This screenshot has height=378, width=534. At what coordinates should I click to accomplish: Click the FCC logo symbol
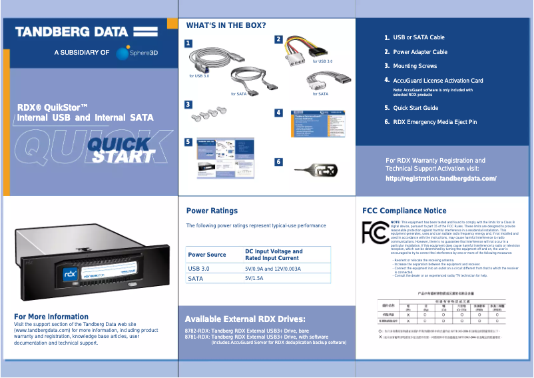click(375, 232)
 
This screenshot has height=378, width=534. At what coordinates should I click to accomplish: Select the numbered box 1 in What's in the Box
click(189, 44)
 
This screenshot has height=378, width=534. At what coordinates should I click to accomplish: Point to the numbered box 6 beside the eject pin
click(278, 162)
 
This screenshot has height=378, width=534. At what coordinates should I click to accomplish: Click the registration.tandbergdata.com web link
click(441, 179)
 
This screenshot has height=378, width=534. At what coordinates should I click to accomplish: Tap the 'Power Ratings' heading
click(212, 211)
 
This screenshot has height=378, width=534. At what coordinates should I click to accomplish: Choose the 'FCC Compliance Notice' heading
click(404, 211)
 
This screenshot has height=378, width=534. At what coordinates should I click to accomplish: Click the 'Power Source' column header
click(207, 255)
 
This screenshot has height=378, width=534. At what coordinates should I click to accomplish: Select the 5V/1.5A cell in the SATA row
click(254, 278)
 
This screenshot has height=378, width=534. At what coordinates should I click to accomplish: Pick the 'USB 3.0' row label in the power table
click(198, 269)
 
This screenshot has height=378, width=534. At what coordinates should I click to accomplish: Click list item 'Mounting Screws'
click(415, 67)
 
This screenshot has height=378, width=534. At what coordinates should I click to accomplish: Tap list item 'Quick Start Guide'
click(415, 108)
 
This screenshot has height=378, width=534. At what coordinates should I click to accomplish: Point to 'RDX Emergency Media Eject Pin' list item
click(435, 122)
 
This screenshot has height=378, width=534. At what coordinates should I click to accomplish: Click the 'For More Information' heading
click(51, 317)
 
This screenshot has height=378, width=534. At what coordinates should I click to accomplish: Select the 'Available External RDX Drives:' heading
click(244, 319)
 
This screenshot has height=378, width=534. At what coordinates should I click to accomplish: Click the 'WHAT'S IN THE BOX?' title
click(226, 26)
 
